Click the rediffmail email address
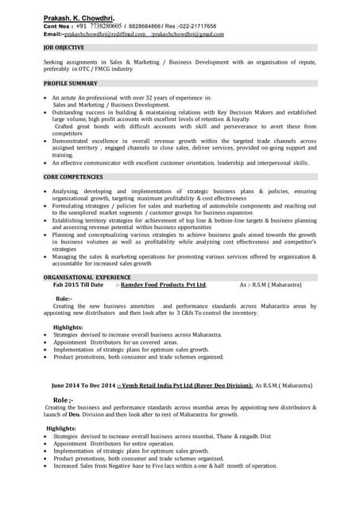[x=104, y=34]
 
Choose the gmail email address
[x=188, y=34]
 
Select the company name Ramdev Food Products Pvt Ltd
[x=164, y=284]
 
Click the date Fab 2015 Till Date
[x=78, y=284]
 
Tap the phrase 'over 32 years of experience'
[x=164, y=97]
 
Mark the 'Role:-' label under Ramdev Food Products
[x=64, y=298]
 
